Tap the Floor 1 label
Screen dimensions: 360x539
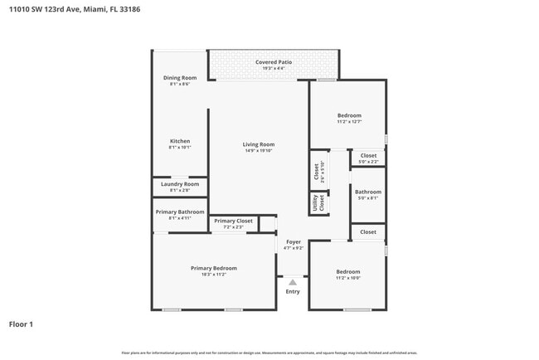pyautogui.click(x=21, y=324)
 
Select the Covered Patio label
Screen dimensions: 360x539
pyautogui.click(x=273, y=62)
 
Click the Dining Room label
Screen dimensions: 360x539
pyautogui.click(x=179, y=78)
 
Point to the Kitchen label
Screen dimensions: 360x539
pyautogui.click(x=179, y=141)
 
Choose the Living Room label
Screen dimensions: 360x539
pyautogui.click(x=259, y=144)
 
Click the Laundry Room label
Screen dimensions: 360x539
pyautogui.click(x=179, y=184)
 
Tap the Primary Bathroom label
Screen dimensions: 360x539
pyautogui.click(x=179, y=212)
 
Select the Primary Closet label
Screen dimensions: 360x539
pyautogui.click(x=234, y=221)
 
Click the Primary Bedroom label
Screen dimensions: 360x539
pyautogui.click(x=213, y=268)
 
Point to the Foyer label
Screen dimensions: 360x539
pyautogui.click(x=294, y=242)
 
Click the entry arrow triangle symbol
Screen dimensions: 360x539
pyautogui.click(x=293, y=283)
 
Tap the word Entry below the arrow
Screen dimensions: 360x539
pyautogui.click(x=293, y=292)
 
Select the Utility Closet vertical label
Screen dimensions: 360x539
pyautogui.click(x=316, y=202)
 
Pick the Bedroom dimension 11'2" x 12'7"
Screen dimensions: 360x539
pyautogui.click(x=348, y=122)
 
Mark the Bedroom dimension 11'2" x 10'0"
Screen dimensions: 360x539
pyautogui.click(x=347, y=278)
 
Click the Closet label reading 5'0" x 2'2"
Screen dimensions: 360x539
pyautogui.click(x=368, y=162)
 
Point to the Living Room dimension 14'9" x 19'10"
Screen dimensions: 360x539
pyautogui.click(x=259, y=151)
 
